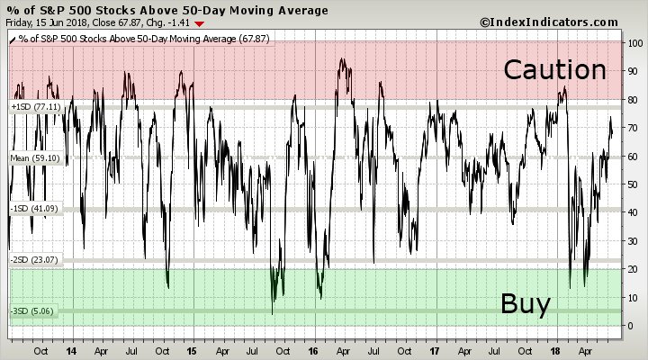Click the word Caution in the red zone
(554, 69)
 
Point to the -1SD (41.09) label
(32, 209)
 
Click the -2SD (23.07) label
(32, 260)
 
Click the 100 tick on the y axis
(634, 43)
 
